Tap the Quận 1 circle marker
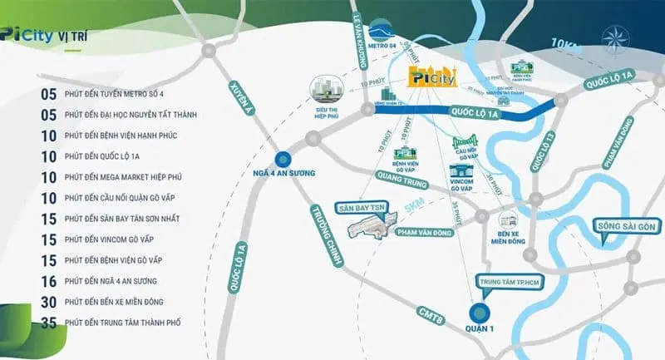[479, 313]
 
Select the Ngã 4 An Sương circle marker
[283, 157]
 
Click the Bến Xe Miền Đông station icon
[508, 220]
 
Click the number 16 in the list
[49, 280]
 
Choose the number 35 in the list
[49, 322]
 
